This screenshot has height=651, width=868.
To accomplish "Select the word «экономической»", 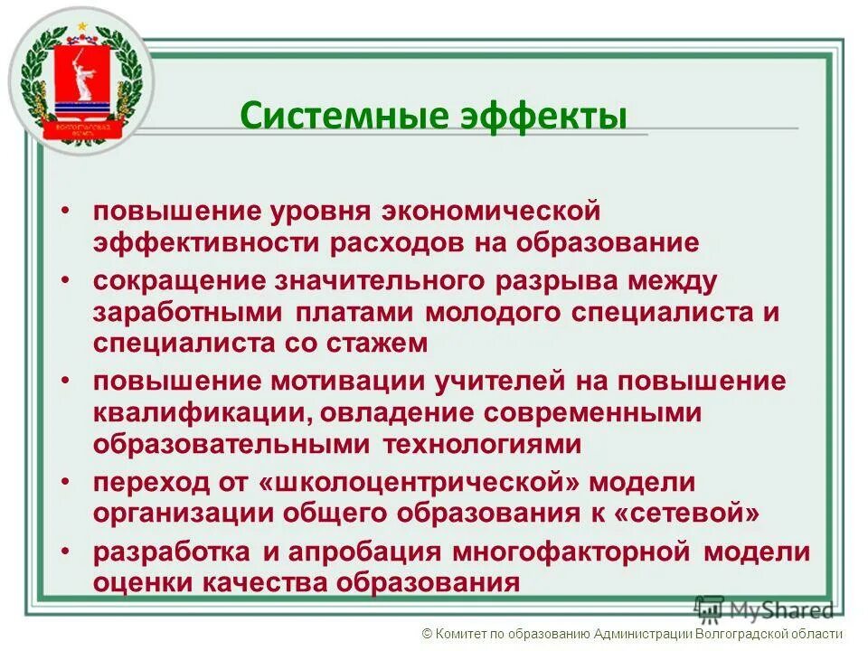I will pos(491,212).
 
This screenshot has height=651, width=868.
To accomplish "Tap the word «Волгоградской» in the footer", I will pos(748,634).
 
